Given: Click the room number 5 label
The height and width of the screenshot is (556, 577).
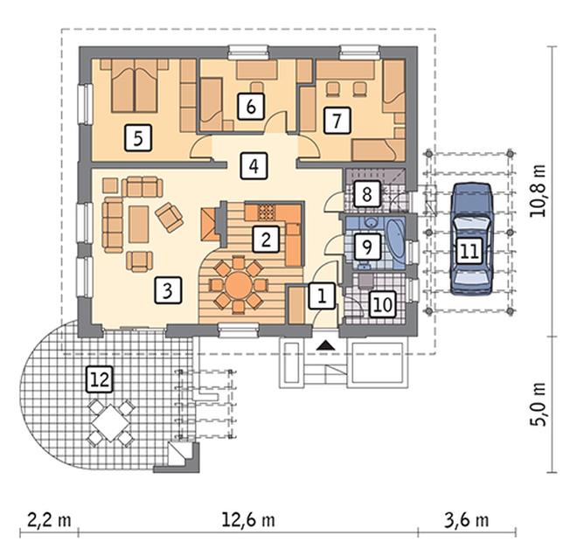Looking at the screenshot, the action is pos(138,138).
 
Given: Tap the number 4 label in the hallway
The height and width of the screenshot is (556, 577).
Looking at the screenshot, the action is pos(254,166).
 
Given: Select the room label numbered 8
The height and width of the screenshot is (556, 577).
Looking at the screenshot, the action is pos(367,193).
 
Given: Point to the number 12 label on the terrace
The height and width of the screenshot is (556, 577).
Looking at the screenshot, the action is pos(100,379).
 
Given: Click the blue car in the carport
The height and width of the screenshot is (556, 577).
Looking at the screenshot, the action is pos(471,239).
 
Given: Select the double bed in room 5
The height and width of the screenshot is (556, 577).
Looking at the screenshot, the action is pos(135,86).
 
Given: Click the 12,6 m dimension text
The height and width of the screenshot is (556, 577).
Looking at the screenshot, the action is pos(248,520).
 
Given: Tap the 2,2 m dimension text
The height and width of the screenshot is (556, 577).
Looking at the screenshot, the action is pos(49,520).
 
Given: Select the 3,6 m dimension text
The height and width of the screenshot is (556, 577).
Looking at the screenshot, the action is pos(467,520).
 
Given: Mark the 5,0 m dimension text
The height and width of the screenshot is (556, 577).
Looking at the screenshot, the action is pos(539,405).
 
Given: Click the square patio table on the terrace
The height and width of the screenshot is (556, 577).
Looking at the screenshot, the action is pos(111,423).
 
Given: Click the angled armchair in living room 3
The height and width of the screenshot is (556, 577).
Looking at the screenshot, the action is pos(170,217).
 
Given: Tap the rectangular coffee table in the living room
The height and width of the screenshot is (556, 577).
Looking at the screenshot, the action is pos(139,224).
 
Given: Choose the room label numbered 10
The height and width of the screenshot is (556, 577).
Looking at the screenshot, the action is pos(383,304).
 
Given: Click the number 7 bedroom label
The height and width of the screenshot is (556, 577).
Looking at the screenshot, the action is pos(337,120).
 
